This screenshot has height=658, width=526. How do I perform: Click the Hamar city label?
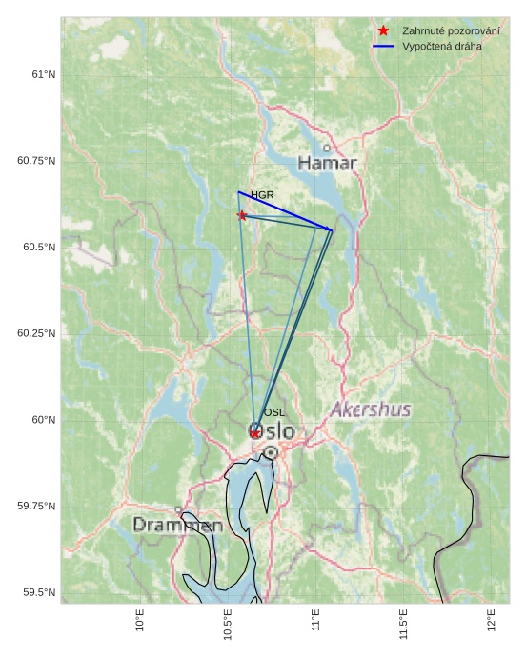pyautogui.click(x=327, y=163)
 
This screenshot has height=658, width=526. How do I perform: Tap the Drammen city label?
pyautogui.click(x=177, y=525)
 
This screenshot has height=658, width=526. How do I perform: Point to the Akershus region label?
pyautogui.click(x=371, y=409)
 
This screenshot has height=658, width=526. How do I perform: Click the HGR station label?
pyautogui.click(x=262, y=195)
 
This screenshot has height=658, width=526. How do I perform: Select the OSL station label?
pyautogui.click(x=273, y=412)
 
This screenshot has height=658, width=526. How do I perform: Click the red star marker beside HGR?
pyautogui.click(x=242, y=215)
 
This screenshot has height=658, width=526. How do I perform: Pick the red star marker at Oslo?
pyautogui.click(x=255, y=433)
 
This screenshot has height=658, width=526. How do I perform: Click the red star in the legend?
pyautogui.click(x=383, y=30)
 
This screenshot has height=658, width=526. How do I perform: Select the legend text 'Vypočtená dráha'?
pyautogui.click(x=442, y=46)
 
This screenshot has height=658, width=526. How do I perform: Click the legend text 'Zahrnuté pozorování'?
pyautogui.click(x=451, y=30)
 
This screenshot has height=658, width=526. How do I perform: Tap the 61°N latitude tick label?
pyautogui.click(x=44, y=74)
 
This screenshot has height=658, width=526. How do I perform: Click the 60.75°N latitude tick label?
pyautogui.click(x=36, y=161)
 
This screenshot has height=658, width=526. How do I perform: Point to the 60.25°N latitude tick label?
pyautogui.click(x=36, y=333)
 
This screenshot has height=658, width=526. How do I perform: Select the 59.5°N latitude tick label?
pyautogui.click(x=39, y=592)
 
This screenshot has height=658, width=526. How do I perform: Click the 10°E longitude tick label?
pyautogui.click(x=140, y=620)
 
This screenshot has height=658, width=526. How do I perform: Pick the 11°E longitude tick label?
pyautogui.click(x=315, y=620)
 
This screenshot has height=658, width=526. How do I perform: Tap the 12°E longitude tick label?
pyautogui.click(x=492, y=620)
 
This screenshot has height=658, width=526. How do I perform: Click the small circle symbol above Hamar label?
pyautogui.click(x=327, y=148)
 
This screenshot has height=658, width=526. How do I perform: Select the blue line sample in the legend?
pyautogui.click(x=383, y=46)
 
